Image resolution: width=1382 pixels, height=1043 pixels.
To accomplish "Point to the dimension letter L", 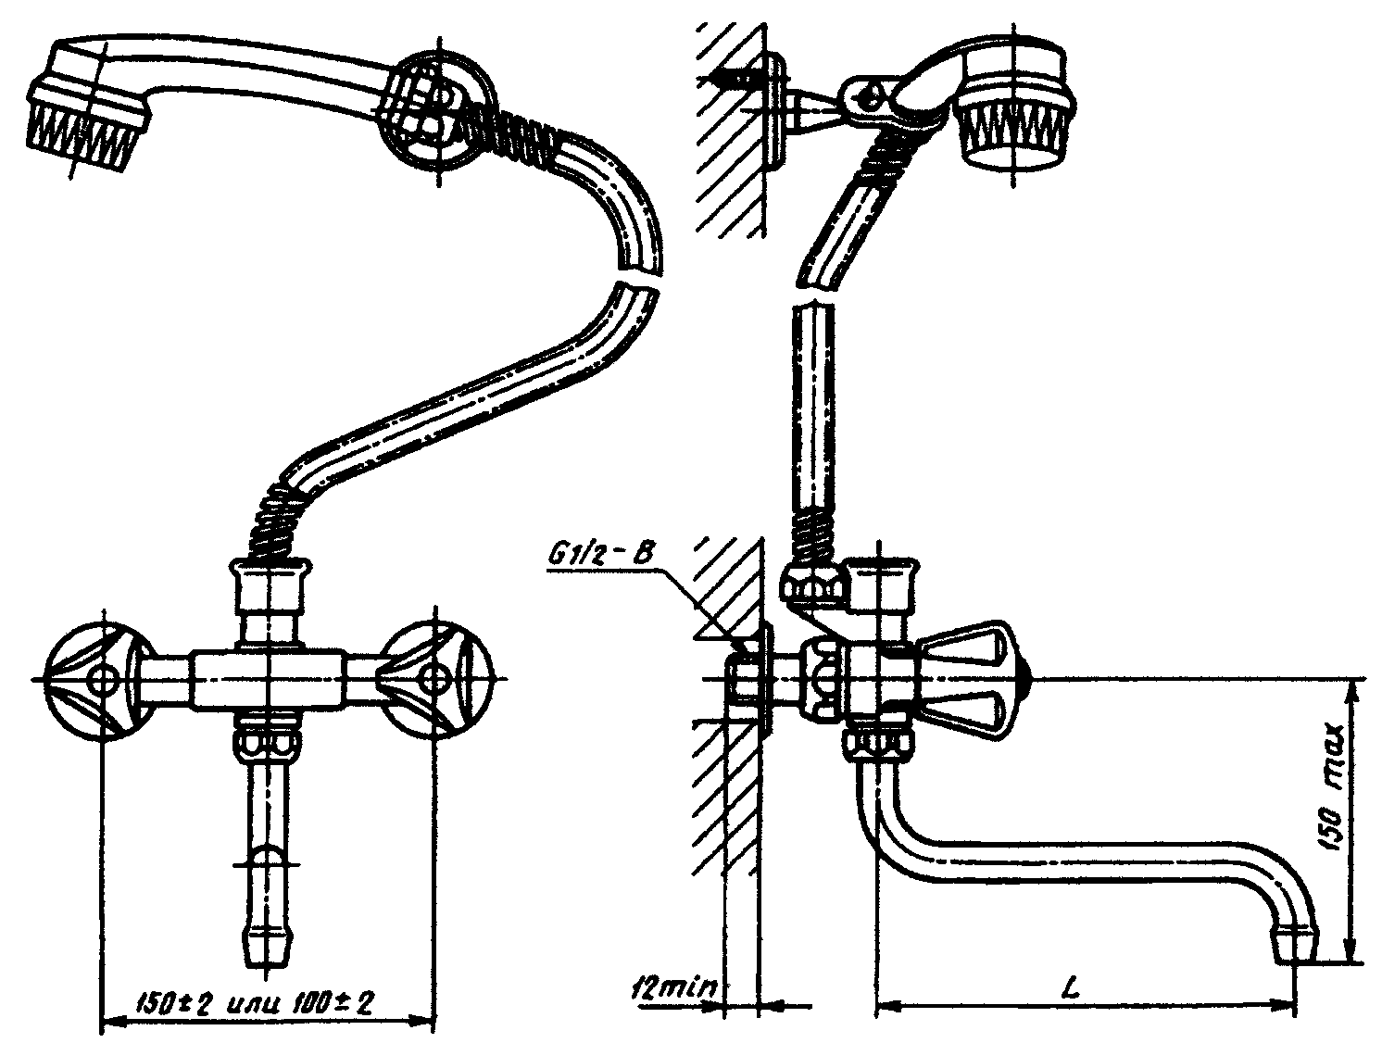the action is pos(1071,987).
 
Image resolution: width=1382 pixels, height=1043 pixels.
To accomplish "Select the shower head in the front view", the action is pos(88,104).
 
